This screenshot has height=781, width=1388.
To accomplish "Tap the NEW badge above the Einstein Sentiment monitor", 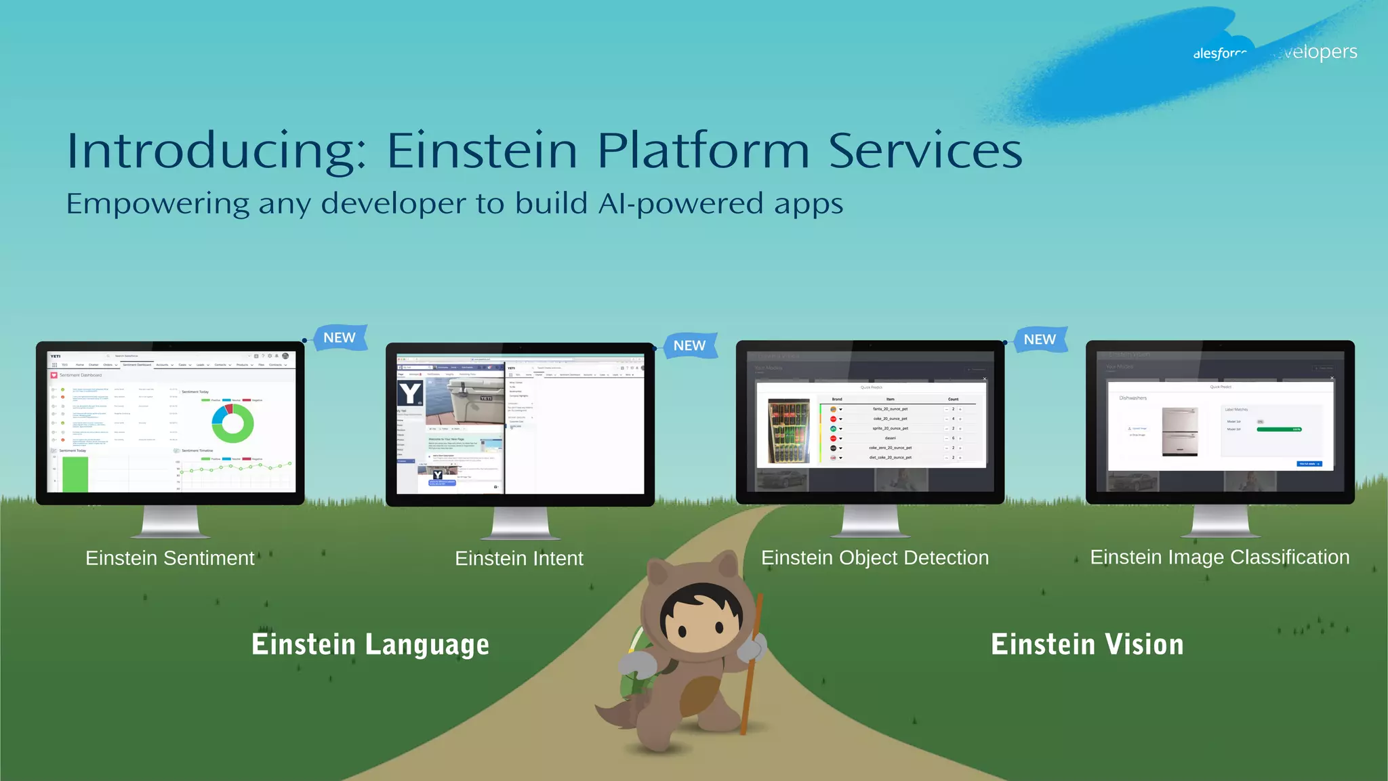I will [x=340, y=337].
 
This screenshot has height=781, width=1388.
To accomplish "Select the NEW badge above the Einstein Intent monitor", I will [x=689, y=345].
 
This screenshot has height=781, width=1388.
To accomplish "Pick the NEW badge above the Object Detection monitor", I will [x=1040, y=339].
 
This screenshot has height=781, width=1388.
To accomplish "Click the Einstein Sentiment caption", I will [x=169, y=558].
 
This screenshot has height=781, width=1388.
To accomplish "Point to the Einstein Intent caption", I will [x=518, y=559].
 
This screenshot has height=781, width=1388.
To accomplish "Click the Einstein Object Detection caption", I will [x=874, y=557].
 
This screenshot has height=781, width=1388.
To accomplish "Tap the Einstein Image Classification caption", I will [x=1219, y=557].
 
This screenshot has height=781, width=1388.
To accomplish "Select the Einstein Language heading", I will [x=370, y=644].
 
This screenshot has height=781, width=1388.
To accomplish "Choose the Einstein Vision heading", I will [x=1087, y=644].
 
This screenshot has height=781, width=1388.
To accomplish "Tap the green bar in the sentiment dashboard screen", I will [x=75, y=474].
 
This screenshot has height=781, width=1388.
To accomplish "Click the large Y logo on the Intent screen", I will [x=410, y=393].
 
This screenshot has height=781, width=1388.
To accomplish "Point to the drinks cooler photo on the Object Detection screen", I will [x=788, y=431].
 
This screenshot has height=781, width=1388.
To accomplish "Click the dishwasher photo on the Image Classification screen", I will [x=1180, y=431].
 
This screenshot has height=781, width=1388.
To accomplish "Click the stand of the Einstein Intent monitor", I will [x=520, y=523].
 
